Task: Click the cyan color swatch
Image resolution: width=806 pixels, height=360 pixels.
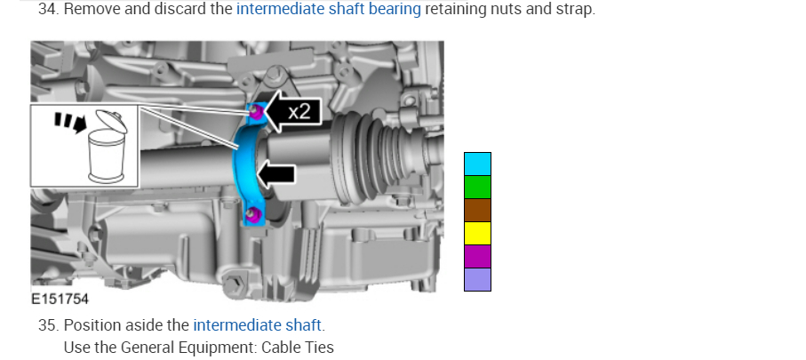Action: (x=477, y=164)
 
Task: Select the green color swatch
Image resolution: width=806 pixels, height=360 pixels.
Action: (x=477, y=188)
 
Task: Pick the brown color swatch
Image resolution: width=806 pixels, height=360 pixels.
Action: (x=477, y=211)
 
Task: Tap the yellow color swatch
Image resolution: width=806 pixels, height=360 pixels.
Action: (x=477, y=234)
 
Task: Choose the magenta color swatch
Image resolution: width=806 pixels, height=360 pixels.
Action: (x=477, y=257)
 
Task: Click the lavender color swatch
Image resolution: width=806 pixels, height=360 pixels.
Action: (x=477, y=279)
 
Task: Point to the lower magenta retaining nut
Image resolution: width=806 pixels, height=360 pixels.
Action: (x=251, y=215)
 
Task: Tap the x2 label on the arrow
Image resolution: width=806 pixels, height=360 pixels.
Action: (x=299, y=111)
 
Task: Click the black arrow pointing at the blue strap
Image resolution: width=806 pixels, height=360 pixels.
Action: (x=275, y=174)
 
